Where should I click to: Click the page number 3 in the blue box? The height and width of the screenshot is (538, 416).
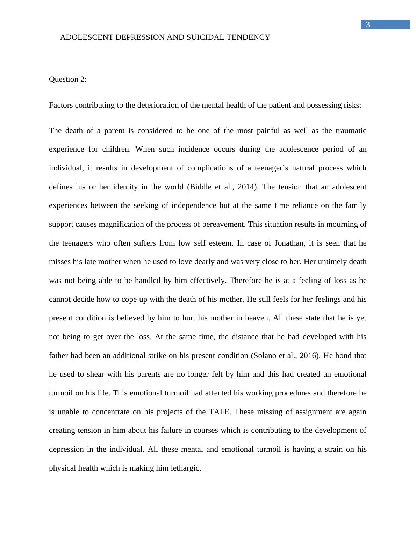point(367,25)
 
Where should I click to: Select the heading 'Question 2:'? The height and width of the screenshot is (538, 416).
point(68,79)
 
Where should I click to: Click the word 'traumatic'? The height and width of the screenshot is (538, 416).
point(351,131)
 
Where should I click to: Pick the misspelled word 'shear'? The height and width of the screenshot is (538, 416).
point(96,375)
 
